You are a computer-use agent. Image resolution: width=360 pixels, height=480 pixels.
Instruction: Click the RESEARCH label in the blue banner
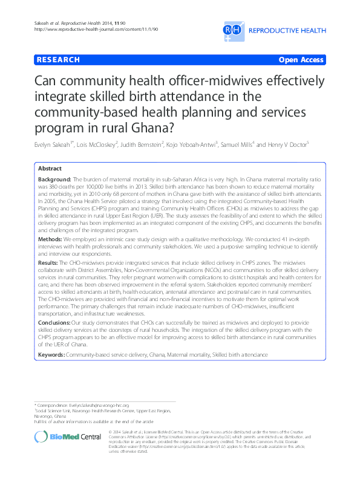coord(58,60)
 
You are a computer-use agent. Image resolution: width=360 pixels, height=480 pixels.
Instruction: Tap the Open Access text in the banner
coord(301,60)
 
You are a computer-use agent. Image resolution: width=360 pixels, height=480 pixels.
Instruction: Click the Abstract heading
coord(50,169)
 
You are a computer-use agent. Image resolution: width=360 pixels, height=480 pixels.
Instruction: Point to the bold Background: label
coord(54,180)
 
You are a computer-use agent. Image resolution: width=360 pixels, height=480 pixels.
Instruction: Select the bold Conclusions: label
coord(56,323)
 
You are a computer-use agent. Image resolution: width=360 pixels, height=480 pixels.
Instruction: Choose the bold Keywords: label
coord(51,352)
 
